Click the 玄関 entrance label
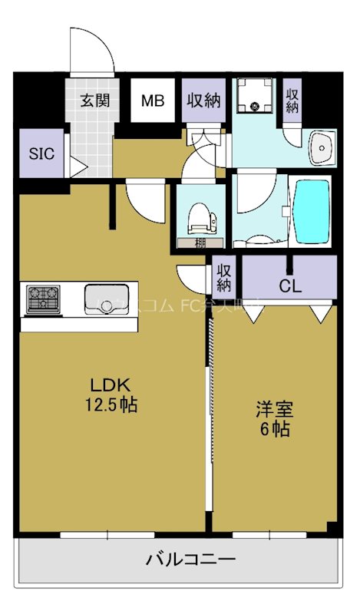95,101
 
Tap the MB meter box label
152,101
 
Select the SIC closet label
41,152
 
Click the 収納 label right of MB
204,101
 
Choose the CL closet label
289,287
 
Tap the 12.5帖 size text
111,404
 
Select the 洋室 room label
275,410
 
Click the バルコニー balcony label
180,559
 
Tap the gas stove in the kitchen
43,299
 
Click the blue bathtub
312,210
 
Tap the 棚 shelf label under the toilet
199,243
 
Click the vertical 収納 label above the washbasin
292,100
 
